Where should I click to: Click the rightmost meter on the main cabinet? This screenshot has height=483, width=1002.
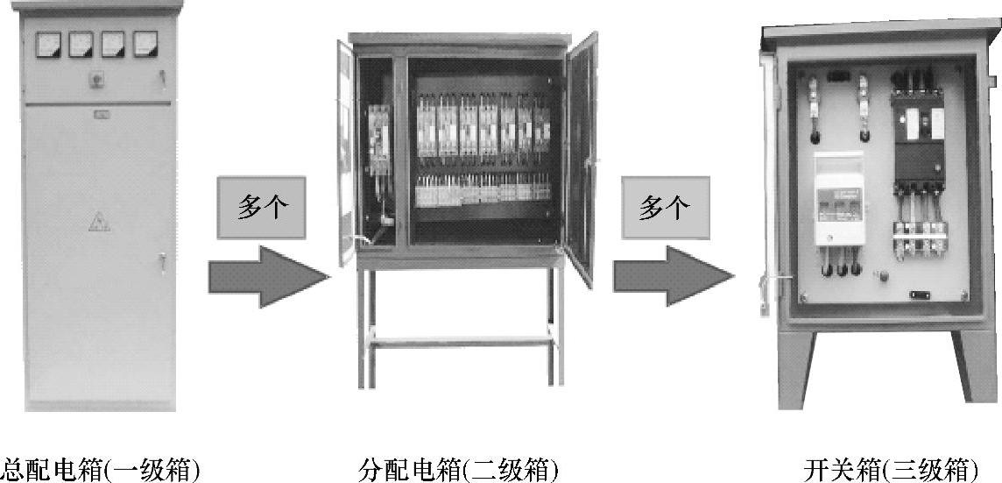coord(145,44)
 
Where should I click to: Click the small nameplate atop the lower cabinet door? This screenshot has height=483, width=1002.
coord(102,112)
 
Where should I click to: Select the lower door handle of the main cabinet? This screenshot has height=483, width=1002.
coord(161,259)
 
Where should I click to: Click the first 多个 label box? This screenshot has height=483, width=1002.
coord(262,210)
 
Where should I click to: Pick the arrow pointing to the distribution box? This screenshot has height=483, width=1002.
coord(268,276)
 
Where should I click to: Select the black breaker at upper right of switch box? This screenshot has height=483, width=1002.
coord(917,131)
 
